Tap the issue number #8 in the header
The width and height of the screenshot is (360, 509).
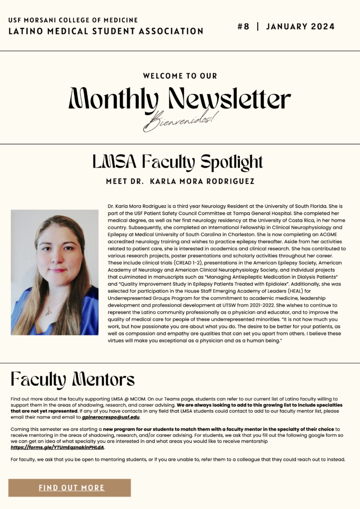243,26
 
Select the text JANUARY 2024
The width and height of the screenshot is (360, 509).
300,26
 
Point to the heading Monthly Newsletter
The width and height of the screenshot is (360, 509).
180,99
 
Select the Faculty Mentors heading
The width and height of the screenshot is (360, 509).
73,380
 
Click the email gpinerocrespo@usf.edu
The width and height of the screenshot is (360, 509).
111,417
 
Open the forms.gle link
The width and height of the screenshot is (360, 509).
58,447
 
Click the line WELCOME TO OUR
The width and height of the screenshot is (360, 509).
180,76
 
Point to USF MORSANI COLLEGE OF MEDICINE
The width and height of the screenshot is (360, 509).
73,20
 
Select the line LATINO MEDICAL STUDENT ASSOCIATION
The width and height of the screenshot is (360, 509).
106,31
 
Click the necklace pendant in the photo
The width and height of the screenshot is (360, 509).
48,312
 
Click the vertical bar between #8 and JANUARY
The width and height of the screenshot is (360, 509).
258,26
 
